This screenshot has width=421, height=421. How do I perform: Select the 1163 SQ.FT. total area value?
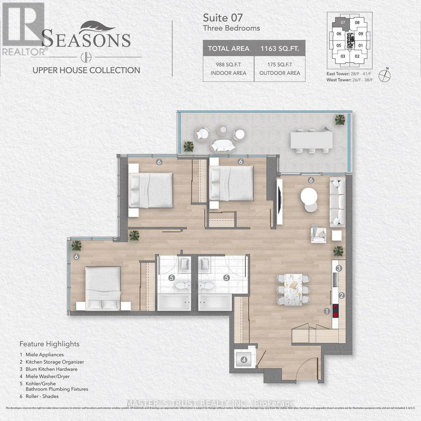[x=280, y=48]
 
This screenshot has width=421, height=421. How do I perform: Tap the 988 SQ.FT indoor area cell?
[x=228, y=69]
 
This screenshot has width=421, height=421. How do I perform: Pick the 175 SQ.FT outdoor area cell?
[x=280, y=69]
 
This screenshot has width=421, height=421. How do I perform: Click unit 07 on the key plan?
[x=342, y=22]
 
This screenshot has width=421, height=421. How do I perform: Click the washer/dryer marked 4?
[x=244, y=360]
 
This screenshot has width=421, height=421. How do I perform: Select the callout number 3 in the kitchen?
[x=339, y=268]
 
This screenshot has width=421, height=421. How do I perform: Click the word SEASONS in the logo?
[x=86, y=39]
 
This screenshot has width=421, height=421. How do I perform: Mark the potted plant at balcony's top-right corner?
[x=339, y=120]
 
